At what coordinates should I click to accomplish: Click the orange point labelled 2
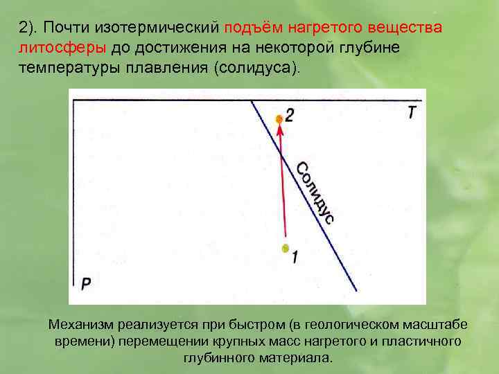click(x=279, y=119)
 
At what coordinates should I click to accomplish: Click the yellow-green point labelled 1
click(x=284, y=248)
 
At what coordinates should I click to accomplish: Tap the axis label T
click(x=412, y=113)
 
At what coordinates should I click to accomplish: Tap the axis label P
click(x=85, y=283)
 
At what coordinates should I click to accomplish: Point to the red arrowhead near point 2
click(x=280, y=132)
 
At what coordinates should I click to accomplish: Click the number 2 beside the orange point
click(x=289, y=116)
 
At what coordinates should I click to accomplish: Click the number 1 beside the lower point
click(x=295, y=256)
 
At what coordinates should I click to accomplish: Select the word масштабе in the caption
click(x=422, y=325)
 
